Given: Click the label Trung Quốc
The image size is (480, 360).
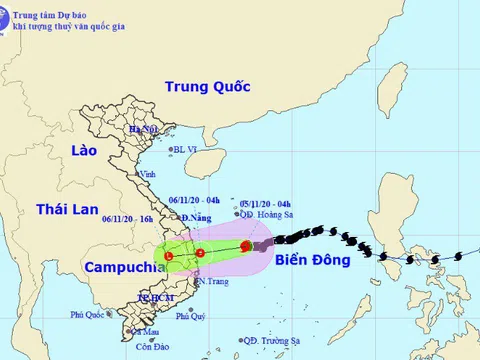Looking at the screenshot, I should (207, 87).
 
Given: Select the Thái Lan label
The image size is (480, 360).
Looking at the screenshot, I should (67, 209).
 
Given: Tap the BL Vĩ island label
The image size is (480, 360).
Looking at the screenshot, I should (187, 150).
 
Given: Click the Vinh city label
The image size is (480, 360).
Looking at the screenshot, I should (148, 174).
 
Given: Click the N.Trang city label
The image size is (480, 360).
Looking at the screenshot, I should (210, 282).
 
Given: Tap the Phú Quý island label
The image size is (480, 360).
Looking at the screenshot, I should (190, 317).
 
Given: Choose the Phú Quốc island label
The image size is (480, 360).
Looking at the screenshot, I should (87, 315).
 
